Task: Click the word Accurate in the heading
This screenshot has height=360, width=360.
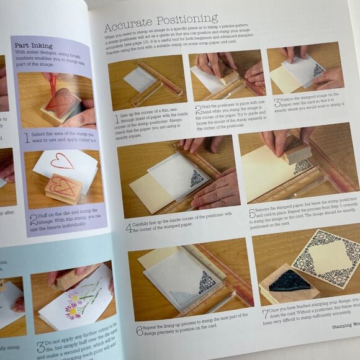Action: click(x=127, y=27)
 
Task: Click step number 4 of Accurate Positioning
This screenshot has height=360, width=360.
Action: click(x=129, y=227)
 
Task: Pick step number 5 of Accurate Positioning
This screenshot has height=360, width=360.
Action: click(x=253, y=214)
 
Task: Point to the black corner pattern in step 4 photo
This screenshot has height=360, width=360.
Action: click(x=196, y=179)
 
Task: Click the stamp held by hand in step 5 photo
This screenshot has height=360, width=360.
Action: click(x=299, y=150)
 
